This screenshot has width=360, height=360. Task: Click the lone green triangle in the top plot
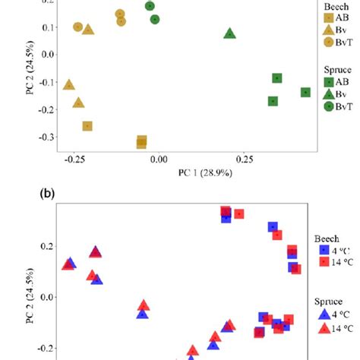point(230,33)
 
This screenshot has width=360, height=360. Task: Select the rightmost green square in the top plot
point(305,92)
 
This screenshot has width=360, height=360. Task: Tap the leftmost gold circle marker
point(78,27)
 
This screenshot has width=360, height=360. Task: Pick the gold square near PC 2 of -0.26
point(87,126)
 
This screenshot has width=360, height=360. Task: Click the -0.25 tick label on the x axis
point(74,160)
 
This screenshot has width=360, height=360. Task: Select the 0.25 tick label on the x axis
point(245,160)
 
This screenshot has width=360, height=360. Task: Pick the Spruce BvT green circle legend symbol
point(329,106)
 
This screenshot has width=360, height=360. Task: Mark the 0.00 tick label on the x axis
point(159,160)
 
